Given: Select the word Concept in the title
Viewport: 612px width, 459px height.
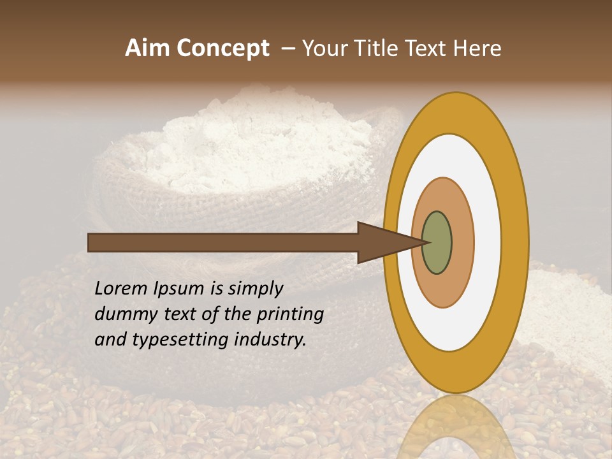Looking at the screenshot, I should (x=222, y=48).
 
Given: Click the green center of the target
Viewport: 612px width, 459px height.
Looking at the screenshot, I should (x=437, y=243).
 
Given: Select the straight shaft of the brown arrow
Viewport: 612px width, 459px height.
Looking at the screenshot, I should (x=223, y=242).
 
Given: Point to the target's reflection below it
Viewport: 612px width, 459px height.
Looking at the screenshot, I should (x=456, y=427).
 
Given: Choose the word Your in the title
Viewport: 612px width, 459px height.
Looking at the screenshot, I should (x=325, y=48).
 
